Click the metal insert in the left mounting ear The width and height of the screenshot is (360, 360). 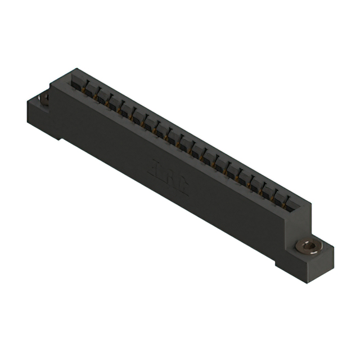tap(44, 100)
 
